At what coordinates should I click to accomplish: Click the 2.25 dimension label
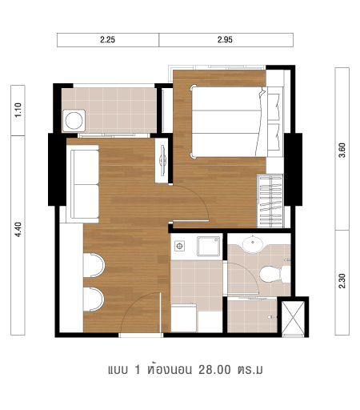107,40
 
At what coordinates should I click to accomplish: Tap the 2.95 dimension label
225,40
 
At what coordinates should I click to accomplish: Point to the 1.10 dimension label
18,111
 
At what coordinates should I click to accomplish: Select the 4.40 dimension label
18,230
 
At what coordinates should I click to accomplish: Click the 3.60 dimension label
342,151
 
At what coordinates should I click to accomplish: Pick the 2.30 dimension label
342,281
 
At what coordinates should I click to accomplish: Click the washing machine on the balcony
74,121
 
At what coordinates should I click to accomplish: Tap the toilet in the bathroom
275,274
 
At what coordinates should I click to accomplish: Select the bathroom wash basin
253,244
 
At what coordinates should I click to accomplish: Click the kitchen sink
209,246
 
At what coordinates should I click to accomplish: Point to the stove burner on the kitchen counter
180,246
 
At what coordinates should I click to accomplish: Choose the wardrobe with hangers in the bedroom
270,201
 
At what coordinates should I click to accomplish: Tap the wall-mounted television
162,160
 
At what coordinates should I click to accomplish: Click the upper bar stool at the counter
94,265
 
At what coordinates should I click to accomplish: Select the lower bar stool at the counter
94,299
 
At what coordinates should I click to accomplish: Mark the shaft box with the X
293,318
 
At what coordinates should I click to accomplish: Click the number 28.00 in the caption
214,370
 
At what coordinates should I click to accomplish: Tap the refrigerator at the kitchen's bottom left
183,318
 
